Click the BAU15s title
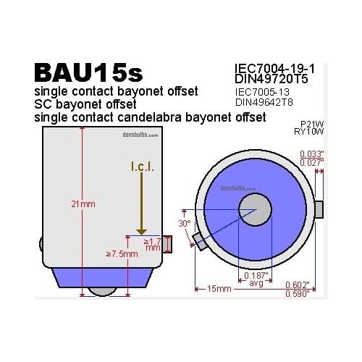point(90,73)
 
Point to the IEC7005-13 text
point(264,92)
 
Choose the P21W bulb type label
point(312,124)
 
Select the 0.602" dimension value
point(298,284)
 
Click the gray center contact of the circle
point(254,209)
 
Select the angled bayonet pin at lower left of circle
point(200,240)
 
